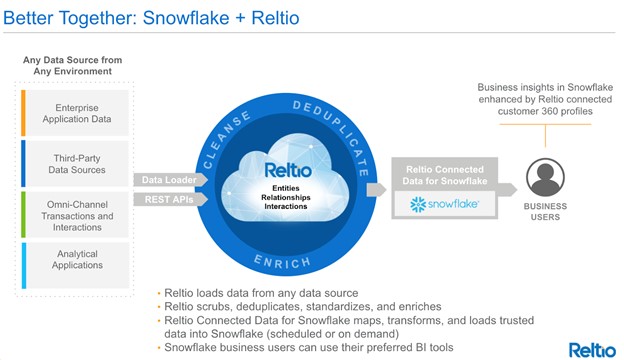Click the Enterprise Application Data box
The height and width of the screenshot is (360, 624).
click(x=77, y=112)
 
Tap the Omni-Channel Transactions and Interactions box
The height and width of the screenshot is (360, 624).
click(x=77, y=215)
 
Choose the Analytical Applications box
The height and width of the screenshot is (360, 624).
click(x=77, y=259)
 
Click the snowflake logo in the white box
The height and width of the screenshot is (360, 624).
click(x=443, y=204)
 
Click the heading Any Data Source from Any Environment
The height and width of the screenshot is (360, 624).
click(x=72, y=66)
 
